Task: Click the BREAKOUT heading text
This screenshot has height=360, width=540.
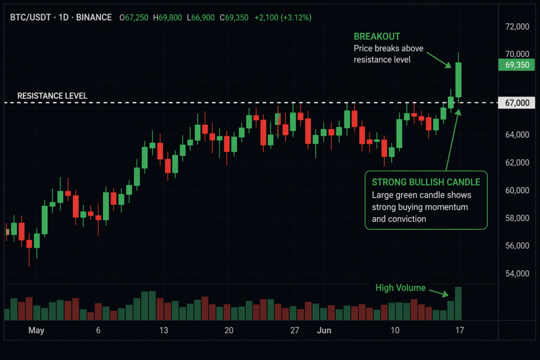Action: (377, 36)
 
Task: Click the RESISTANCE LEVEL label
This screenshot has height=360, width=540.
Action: (52, 96)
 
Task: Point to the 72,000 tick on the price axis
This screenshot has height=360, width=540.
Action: (517, 26)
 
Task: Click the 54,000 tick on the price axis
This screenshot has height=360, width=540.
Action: (517, 274)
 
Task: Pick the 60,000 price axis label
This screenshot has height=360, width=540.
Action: (517, 190)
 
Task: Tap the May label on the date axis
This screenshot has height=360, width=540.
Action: (36, 331)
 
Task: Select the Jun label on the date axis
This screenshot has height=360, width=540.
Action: (324, 331)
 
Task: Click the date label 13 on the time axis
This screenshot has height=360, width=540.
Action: (163, 331)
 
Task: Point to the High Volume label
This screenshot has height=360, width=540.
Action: (400, 288)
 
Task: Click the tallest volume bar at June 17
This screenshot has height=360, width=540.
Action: (458, 304)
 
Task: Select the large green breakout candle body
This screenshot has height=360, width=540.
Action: (459, 80)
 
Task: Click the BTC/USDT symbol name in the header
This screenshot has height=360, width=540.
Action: (32, 17)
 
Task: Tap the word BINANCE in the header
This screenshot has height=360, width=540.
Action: (94, 17)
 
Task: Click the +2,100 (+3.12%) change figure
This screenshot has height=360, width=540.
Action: (283, 17)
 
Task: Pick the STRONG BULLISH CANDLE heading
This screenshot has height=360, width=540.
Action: (426, 182)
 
